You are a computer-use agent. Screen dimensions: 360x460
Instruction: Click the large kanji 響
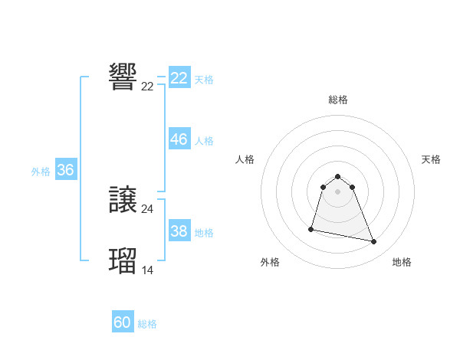[x=123, y=77]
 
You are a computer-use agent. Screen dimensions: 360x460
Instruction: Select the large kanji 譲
[x=123, y=201]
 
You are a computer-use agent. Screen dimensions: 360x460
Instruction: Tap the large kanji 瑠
[x=123, y=260]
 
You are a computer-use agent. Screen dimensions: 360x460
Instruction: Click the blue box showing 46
[x=179, y=139]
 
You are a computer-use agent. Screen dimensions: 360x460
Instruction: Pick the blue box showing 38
[x=179, y=231]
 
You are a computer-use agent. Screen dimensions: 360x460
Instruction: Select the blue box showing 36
[x=65, y=170]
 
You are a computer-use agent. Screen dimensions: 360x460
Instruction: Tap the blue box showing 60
[x=123, y=322]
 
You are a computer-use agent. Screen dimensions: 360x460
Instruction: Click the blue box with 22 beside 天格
[x=179, y=78]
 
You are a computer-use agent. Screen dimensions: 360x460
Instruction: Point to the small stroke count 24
[x=147, y=208]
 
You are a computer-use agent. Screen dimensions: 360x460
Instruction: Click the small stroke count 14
[x=147, y=269]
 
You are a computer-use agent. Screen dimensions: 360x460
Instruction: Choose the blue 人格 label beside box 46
[x=204, y=141]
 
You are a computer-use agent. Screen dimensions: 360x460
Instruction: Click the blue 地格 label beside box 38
[x=204, y=233]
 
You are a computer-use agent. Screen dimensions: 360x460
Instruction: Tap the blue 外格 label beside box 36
[x=41, y=172]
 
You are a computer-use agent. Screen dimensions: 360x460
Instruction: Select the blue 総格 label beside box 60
[x=147, y=324]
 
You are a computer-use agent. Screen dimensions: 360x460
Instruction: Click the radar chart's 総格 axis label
[x=337, y=100]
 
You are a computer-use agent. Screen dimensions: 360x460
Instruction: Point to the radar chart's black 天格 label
[x=431, y=159]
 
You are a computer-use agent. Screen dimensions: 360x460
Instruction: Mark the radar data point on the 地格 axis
[x=374, y=242]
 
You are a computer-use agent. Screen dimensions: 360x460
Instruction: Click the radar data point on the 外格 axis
[x=311, y=228]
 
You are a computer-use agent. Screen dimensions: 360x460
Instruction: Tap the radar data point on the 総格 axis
[x=337, y=177]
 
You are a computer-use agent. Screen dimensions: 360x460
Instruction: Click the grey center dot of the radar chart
[x=337, y=191]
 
